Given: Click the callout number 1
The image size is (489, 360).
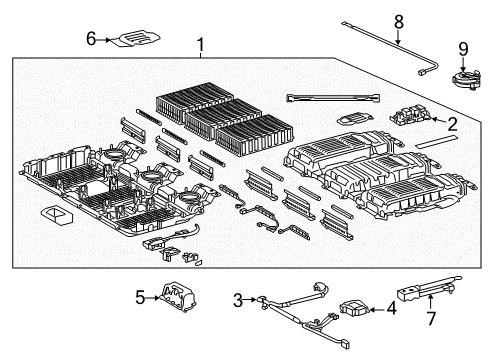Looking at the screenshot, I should pos(201,45).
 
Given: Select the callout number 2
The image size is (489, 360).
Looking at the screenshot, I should pos(451,124).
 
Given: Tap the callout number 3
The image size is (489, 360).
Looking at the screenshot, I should pos(238,300).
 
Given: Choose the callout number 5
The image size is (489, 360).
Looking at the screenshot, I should pos(140,297).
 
